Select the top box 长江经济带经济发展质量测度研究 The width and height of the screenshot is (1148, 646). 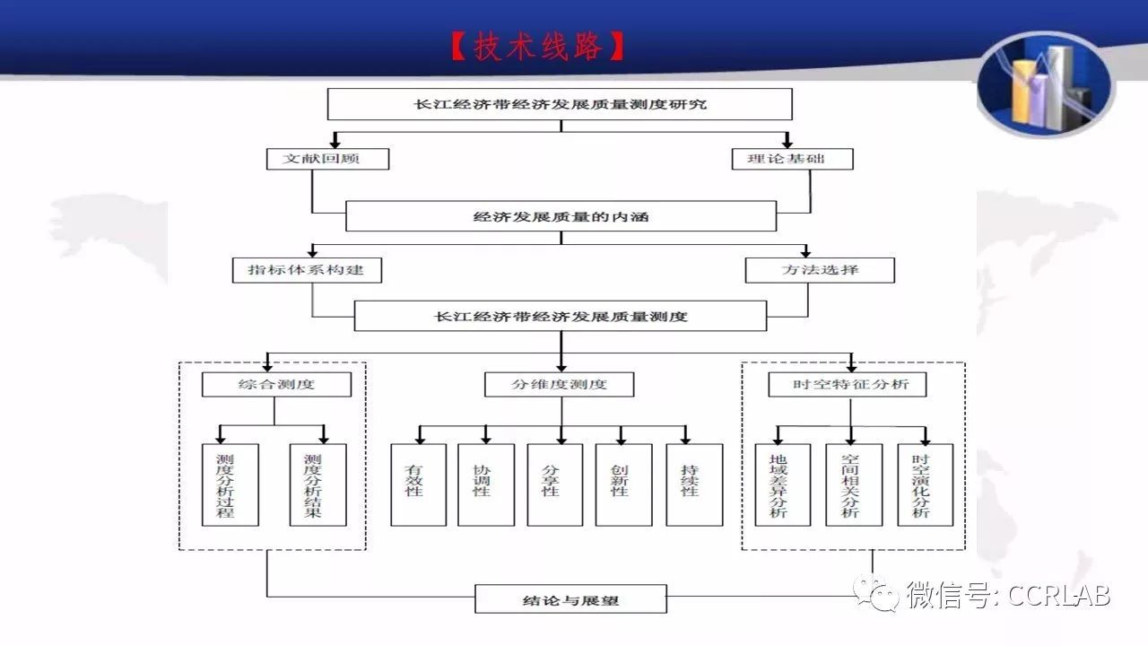coord(560,104)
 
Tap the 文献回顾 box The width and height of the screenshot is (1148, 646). coord(327,159)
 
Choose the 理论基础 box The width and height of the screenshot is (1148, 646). coord(792,159)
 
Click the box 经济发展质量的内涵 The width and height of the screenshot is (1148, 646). coord(561,216)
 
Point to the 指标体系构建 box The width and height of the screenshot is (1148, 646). coord(307,270)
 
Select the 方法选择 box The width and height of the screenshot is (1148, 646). coord(820,270)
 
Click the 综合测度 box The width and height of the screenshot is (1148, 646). coord(277,385)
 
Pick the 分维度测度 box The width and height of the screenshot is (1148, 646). coord(559,385)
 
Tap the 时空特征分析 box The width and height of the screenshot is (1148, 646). coord(848,385)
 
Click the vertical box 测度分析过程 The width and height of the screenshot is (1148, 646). coord(230,485)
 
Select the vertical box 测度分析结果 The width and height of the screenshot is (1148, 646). coord(317,485)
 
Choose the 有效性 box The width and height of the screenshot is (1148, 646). coord(418,485)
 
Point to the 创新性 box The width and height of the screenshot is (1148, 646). coord(623,485)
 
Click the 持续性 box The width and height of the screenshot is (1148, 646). coord(694,485)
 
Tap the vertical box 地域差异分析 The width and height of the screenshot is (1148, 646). coord(783,485)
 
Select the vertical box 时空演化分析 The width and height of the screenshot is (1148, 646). coord(925,485)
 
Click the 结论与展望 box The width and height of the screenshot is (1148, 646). coord(571,598)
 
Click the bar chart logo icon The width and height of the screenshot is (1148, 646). coord(1046,84)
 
